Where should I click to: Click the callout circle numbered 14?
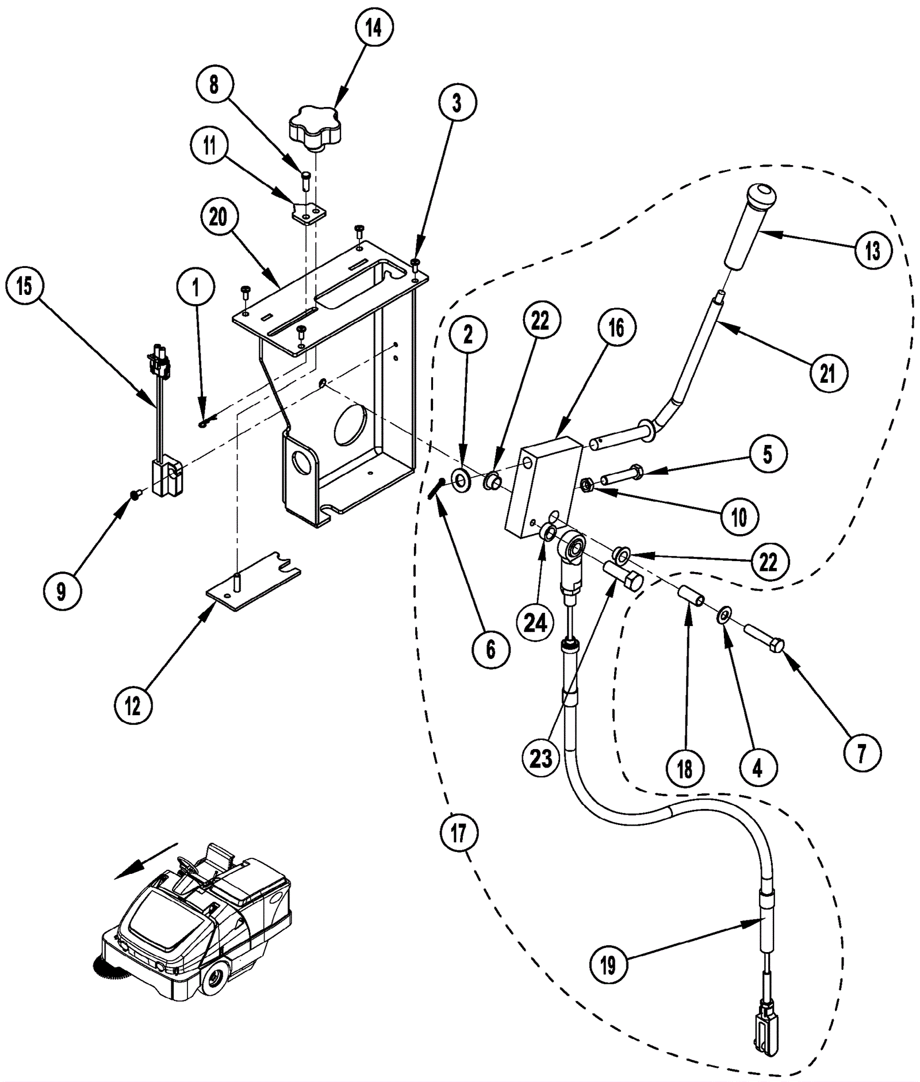[x=373, y=27]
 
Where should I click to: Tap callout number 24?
[x=535, y=621]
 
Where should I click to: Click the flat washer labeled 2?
[x=461, y=479]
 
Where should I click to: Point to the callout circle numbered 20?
[x=218, y=218]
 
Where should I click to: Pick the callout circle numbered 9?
[x=61, y=591]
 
